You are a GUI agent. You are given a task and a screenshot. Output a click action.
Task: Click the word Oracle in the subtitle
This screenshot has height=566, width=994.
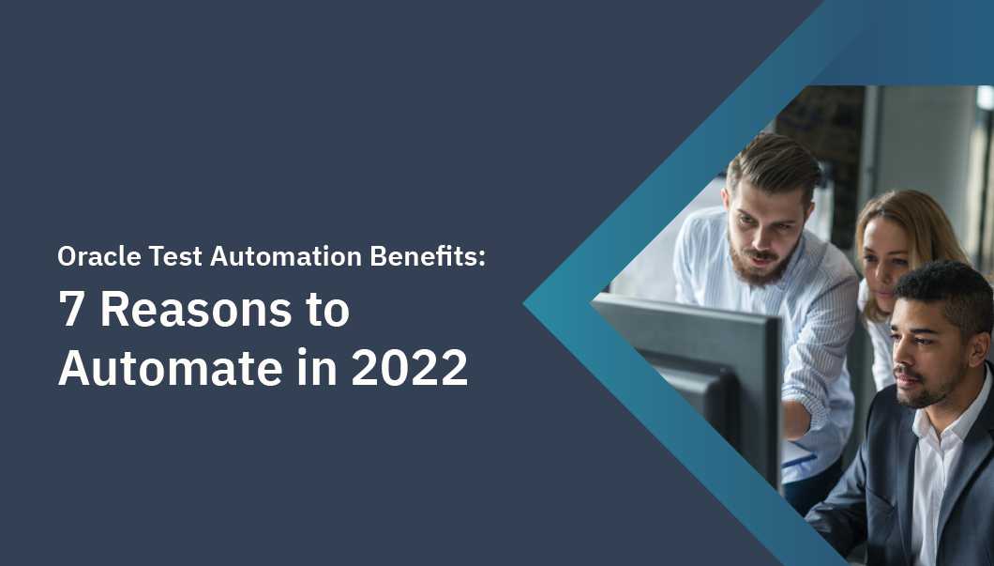click(98, 255)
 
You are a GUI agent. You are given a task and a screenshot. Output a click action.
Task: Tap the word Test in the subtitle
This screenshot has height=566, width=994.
click(175, 255)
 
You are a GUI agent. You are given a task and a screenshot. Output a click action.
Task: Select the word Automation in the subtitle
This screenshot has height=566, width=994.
click(286, 255)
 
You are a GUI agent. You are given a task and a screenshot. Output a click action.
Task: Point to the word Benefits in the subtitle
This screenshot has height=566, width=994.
click(424, 255)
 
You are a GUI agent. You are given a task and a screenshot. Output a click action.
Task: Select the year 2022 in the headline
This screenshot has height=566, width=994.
click(410, 367)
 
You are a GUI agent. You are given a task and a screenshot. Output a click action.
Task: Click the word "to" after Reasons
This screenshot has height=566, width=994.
click(328, 311)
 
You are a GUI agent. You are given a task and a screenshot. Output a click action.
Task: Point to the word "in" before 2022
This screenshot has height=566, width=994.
click(318, 366)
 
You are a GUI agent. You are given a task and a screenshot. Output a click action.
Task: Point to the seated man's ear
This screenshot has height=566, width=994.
click(979, 350)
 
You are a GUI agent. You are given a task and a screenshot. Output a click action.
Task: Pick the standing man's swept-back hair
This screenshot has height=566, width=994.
click(774, 166)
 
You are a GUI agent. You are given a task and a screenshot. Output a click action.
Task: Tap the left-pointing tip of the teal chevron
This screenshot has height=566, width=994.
click(525, 304)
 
